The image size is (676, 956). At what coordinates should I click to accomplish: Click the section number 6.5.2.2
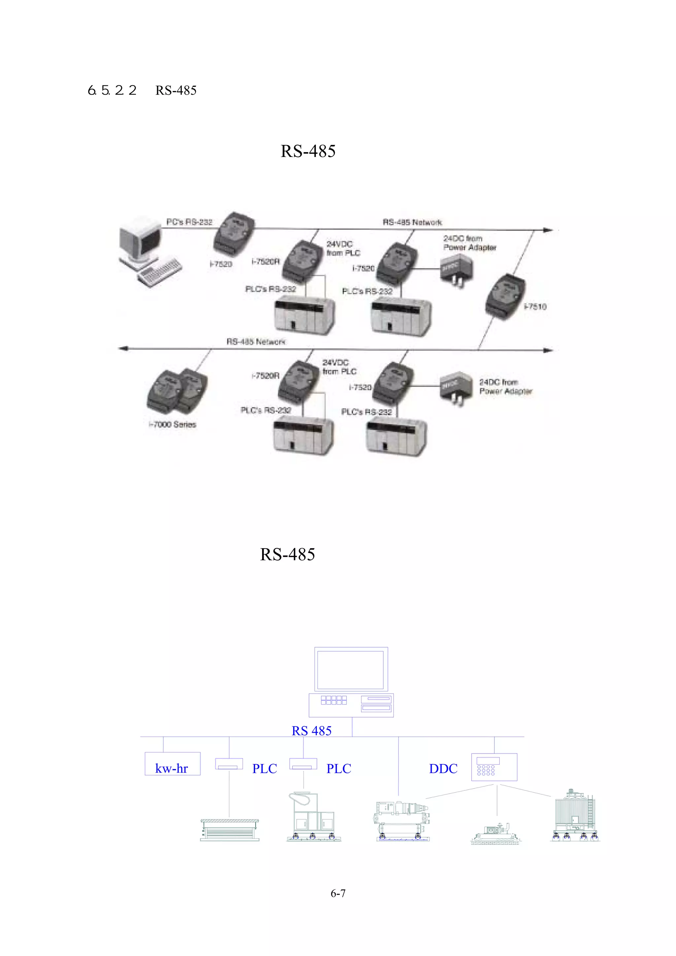pos(112,90)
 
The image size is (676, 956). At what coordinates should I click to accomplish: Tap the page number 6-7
pos(338,893)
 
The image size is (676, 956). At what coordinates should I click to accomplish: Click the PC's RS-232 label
pos(189,222)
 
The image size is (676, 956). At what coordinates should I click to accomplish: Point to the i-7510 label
pos(535,306)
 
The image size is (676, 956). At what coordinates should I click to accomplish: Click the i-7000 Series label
pos(172,424)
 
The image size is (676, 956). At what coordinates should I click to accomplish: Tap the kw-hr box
pos(172,764)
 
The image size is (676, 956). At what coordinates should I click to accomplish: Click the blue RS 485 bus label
pos(312,731)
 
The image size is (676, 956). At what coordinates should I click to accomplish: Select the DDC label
pos(443,769)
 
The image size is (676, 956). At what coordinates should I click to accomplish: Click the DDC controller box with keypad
pos(494,767)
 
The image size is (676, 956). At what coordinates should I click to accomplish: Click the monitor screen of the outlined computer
pos(350,670)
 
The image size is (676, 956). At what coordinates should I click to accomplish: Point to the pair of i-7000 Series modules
pos(177,390)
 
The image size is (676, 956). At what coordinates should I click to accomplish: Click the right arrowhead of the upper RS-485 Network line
pos(549,230)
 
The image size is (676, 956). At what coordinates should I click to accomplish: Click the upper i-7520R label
pos(265,262)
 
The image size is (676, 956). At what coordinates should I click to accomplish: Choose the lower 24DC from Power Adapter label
pos(505,386)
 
